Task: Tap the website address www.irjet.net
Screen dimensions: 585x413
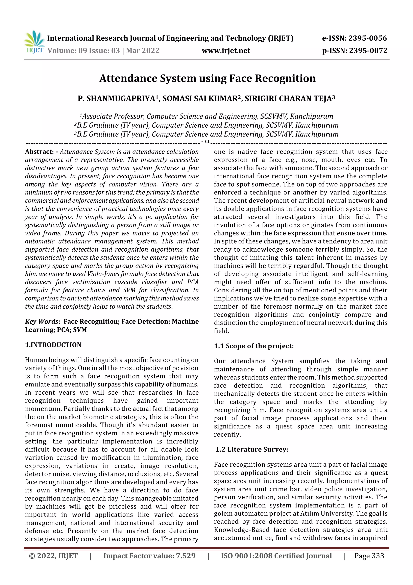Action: click(x=226, y=50)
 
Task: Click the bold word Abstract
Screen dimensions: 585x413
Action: click(x=39, y=152)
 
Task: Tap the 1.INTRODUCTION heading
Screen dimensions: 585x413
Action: click(x=53, y=345)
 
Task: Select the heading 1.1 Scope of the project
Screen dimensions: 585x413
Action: click(x=254, y=346)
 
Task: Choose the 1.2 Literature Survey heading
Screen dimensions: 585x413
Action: click(x=252, y=450)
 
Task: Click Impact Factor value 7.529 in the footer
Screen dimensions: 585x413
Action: click(x=149, y=556)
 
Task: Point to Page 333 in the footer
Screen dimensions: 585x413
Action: click(x=369, y=556)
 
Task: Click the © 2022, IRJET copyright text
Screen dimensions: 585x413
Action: click(x=53, y=556)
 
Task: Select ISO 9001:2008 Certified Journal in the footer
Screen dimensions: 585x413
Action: click(x=276, y=556)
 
